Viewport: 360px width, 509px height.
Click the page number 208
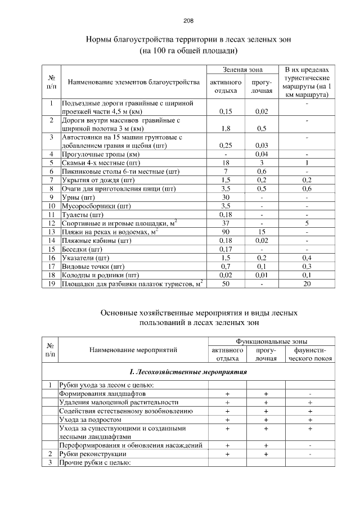pyautogui.click(x=188, y=21)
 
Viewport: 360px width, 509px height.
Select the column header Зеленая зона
pyautogui.click(x=242, y=70)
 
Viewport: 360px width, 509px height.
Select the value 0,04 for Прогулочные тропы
pyautogui.click(x=261, y=154)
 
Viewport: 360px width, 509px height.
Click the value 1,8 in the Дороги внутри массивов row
pyautogui.click(x=226, y=128)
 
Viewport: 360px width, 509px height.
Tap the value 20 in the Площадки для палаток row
pyautogui.click(x=307, y=284)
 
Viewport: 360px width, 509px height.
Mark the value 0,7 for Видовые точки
pyautogui.click(x=226, y=267)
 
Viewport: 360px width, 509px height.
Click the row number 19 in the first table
pyautogui.click(x=51, y=284)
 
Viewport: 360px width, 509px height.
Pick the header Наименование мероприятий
pyautogui.click(x=133, y=349)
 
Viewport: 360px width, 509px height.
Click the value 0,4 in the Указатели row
pyautogui.click(x=307, y=258)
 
